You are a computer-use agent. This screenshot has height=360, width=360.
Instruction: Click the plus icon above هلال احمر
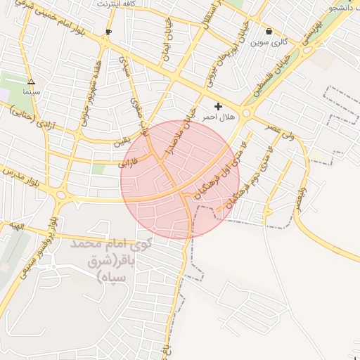point(218,106)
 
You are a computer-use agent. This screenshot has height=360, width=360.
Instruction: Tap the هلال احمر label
point(218,117)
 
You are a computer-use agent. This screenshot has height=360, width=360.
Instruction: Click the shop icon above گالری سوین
point(269,32)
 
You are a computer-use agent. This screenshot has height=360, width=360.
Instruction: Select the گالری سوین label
point(270,42)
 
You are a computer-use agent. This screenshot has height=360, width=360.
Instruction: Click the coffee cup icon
point(108,32)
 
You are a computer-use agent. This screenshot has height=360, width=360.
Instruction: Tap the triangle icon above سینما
point(31,82)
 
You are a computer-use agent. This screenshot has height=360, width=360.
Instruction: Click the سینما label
point(31,92)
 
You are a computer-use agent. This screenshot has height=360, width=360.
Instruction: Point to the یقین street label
point(122,141)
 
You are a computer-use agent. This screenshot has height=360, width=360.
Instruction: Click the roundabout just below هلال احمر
point(247,114)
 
